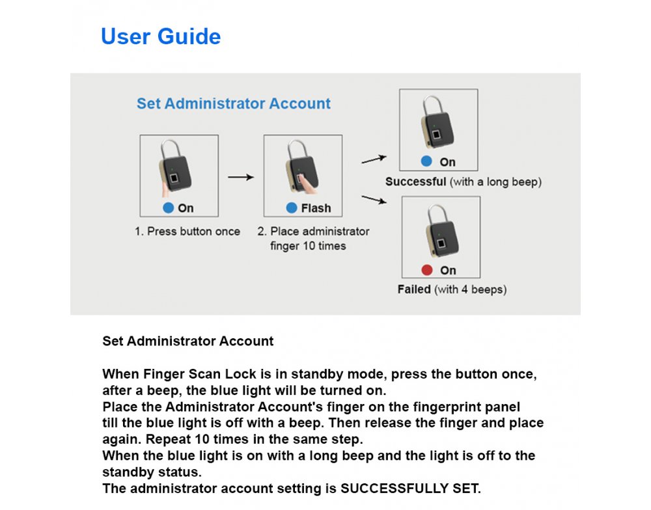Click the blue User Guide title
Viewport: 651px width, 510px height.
click(161, 36)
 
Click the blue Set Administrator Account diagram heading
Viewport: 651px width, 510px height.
click(233, 103)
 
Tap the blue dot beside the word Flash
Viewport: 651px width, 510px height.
click(292, 208)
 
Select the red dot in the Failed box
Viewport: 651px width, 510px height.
click(427, 270)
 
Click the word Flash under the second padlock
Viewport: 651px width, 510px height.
click(316, 208)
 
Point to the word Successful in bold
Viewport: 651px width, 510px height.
click(415, 181)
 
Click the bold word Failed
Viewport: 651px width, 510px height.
click(414, 289)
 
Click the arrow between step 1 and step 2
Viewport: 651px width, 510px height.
click(240, 176)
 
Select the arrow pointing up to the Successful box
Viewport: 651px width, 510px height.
click(374, 158)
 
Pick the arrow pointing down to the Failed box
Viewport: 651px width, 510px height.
click(374, 200)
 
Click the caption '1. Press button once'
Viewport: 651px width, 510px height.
click(187, 232)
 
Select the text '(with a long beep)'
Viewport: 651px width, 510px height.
click(495, 181)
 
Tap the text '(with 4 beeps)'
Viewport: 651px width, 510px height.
click(470, 289)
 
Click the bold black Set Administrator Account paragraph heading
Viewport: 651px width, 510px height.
click(188, 341)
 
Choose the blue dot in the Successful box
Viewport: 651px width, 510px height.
click(426, 161)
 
